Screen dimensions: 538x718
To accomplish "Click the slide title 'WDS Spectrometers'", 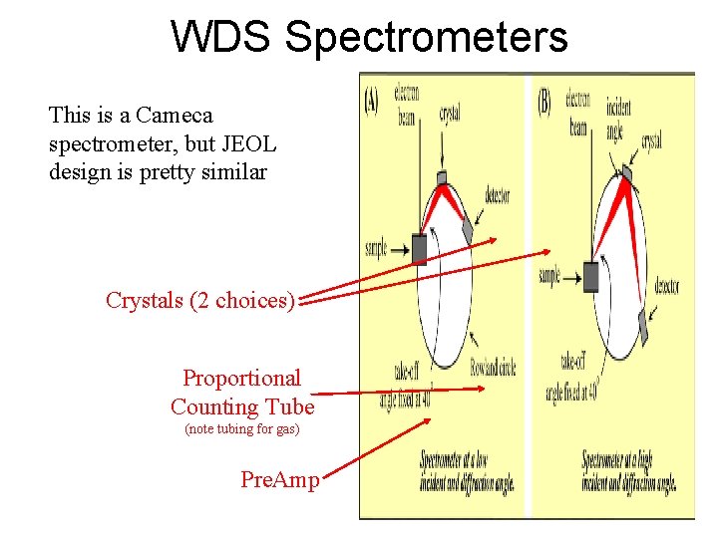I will [x=370, y=37].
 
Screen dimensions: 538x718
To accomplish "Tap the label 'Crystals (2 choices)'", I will [x=199, y=300].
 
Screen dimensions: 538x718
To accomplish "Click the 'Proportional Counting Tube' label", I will [x=242, y=393].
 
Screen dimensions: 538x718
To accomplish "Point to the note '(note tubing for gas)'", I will [x=242, y=429].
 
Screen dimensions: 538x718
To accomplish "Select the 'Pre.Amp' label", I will [x=280, y=479].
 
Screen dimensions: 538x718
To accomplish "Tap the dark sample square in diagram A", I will [x=419, y=248].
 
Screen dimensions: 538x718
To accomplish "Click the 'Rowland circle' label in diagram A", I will [x=493, y=368].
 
